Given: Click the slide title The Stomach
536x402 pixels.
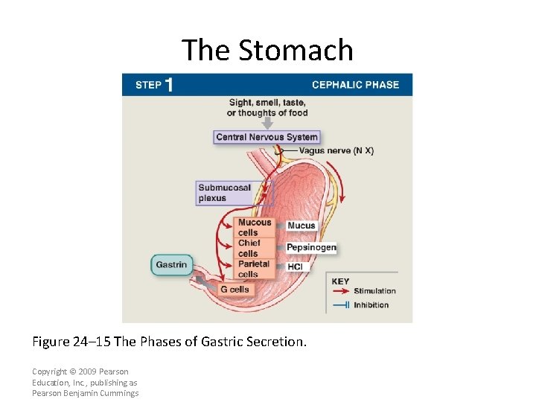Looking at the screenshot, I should point(267,50).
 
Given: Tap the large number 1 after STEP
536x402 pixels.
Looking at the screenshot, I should point(169,85).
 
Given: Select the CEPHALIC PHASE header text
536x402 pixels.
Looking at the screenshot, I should point(355,85).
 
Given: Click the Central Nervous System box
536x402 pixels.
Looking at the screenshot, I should point(267,137).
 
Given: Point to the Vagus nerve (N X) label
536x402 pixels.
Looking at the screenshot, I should point(336,150).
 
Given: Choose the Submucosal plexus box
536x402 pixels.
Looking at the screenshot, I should point(225,193).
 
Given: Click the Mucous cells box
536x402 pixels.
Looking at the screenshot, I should point(254,227).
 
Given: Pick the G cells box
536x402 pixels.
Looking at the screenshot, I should point(235,290).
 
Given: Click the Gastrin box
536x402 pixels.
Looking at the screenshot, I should point(171,265).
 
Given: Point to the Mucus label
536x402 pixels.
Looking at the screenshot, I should point(301,226).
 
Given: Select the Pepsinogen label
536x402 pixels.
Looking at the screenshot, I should point(311,247).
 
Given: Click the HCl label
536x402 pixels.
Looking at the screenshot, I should point(295,266).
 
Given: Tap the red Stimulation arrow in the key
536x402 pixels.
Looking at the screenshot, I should point(339,291).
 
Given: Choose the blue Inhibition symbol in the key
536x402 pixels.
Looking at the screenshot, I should point(339,305).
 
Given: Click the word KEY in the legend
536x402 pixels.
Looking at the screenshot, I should point(340,281).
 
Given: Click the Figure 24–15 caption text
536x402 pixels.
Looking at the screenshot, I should point(169,342).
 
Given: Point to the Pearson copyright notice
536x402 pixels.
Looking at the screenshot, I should point(85,382).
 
